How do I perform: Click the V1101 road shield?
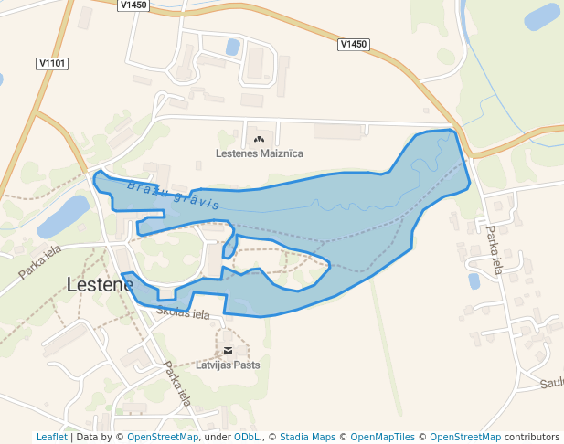point(53,63)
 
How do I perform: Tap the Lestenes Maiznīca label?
point(260,154)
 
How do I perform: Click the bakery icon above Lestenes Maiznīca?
point(260,140)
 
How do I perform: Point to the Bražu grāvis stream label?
point(174,194)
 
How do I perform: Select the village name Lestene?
point(100,284)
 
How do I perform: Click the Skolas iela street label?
point(183,313)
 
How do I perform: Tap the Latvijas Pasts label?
point(229,365)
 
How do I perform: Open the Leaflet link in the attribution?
point(51,438)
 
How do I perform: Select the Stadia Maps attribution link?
point(307,438)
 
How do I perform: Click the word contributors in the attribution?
point(532,438)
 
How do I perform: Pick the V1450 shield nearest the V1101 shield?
point(133,5)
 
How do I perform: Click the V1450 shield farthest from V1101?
point(353,44)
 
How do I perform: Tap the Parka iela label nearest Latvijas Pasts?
point(177,383)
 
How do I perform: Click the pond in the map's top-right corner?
point(541,16)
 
